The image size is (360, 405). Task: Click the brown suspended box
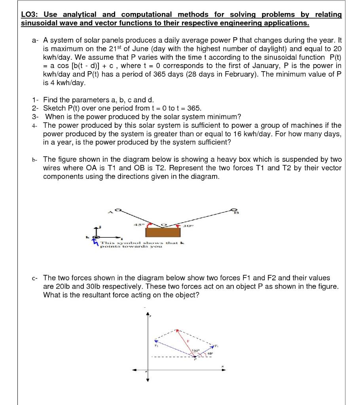coord(162,232)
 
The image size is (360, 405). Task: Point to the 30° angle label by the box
coord(186,226)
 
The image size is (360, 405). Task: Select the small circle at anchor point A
coord(117,209)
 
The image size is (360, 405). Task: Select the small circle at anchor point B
coord(234,210)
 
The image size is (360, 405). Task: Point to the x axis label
coord(222,366)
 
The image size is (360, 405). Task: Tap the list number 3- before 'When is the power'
coord(36,117)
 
